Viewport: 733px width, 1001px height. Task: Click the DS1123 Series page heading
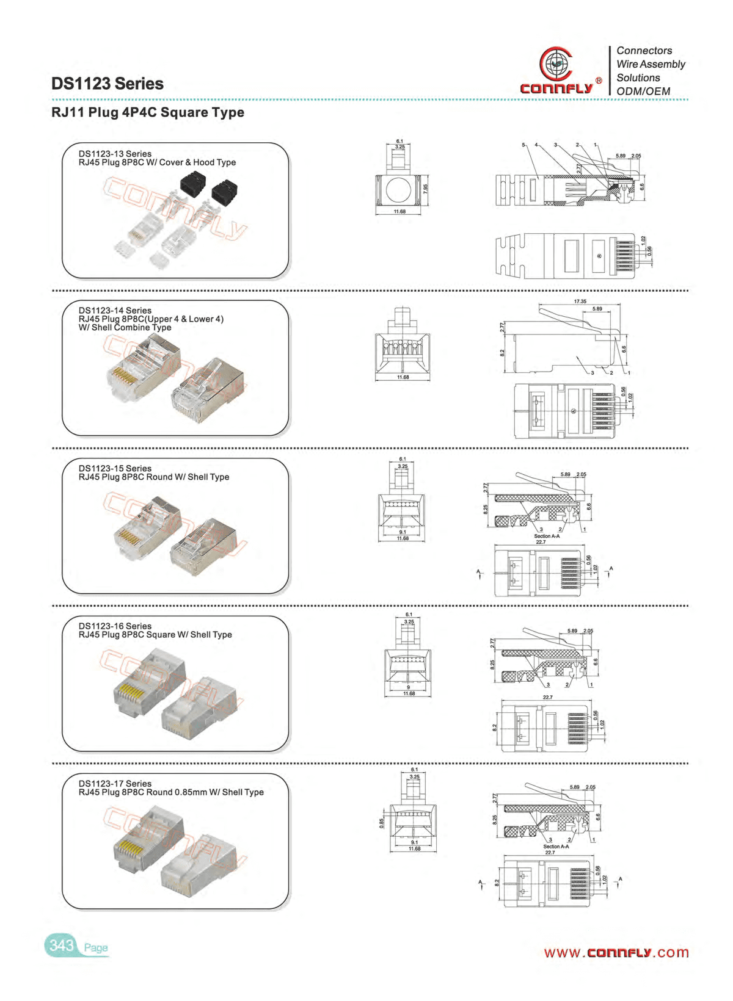click(108, 84)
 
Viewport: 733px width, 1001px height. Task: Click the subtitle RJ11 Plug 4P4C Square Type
click(148, 112)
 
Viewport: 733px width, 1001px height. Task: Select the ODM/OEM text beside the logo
click(643, 92)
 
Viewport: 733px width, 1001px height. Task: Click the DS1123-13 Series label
click(115, 154)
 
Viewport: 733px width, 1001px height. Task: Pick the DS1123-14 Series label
click(115, 311)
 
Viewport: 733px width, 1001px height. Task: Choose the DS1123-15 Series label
click(115, 468)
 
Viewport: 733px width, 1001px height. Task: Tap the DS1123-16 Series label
click(115, 626)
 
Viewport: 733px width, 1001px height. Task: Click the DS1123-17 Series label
click(115, 784)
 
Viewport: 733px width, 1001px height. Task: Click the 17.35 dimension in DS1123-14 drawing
click(580, 302)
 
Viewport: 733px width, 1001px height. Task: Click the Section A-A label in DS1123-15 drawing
click(547, 536)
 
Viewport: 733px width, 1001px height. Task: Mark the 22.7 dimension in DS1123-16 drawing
click(547, 697)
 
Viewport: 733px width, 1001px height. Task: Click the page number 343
click(61, 945)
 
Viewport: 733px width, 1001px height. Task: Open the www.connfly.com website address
click(616, 953)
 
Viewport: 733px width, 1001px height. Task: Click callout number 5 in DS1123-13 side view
click(523, 145)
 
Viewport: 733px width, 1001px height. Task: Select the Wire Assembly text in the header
click(651, 64)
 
